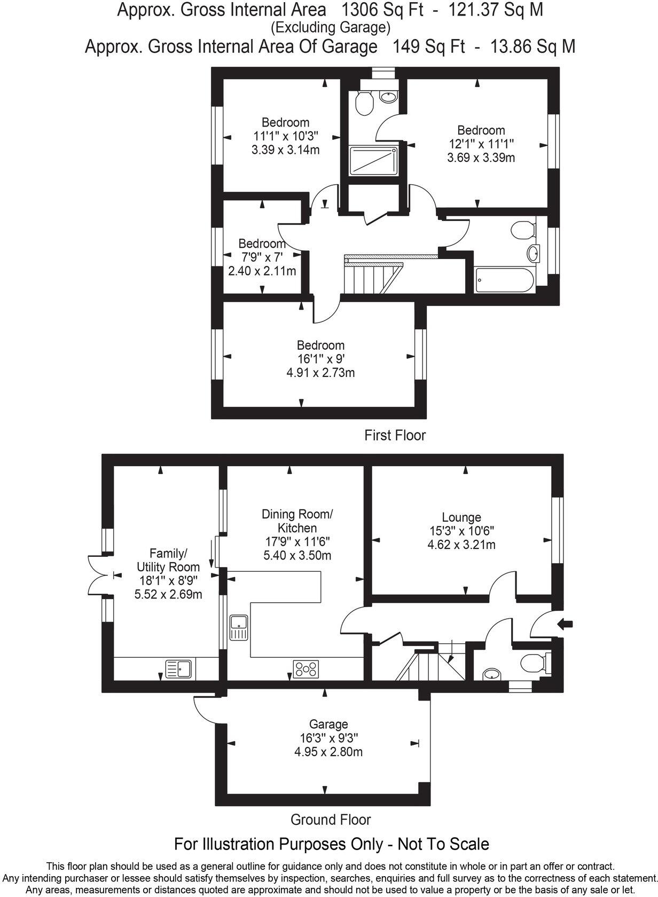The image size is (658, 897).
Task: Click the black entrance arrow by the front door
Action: click(565, 623)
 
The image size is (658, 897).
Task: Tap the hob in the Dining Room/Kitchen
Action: click(306, 669)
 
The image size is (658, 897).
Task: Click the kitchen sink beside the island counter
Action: click(238, 627)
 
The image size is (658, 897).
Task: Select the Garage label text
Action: click(328, 724)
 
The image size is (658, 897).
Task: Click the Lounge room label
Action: click(461, 517)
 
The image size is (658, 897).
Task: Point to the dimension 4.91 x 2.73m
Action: click(320, 373)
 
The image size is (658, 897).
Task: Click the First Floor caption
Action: click(395, 435)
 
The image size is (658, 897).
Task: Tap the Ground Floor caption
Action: click(330, 819)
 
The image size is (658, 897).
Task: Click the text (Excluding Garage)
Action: click(330, 27)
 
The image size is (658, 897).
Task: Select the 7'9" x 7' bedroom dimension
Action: click(262, 257)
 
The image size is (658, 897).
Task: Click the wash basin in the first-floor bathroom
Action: click(533, 253)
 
